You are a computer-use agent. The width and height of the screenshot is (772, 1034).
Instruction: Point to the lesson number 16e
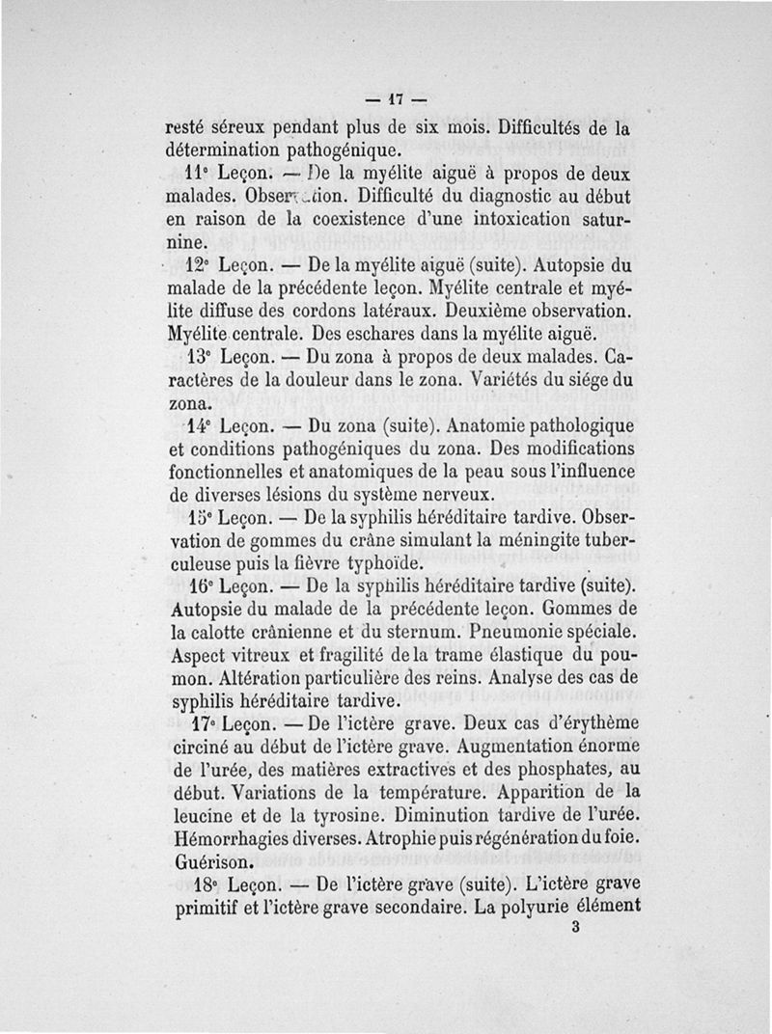pos(199,586)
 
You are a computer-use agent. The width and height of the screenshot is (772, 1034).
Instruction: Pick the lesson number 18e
pos(201,884)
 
